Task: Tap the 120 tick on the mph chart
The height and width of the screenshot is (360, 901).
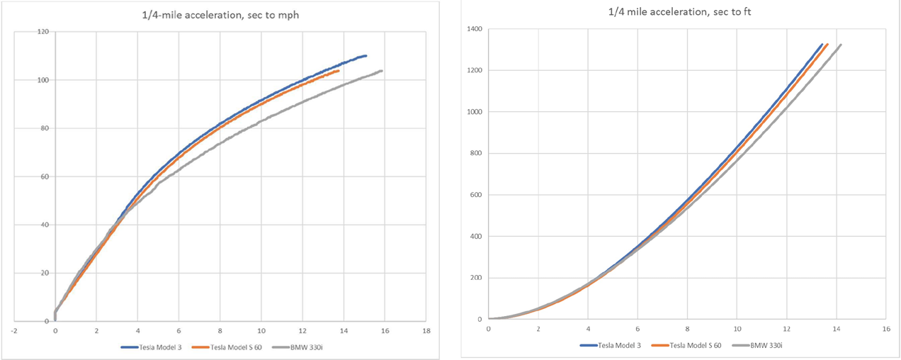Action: tap(43, 32)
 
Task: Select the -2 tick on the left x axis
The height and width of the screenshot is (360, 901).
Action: tap(13, 330)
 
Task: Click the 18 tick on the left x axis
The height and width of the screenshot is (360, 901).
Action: tap(426, 330)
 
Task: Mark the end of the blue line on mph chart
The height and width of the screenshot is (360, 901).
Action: tap(365, 55)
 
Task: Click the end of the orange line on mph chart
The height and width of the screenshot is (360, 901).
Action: tap(339, 71)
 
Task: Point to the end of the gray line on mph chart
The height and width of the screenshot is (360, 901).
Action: tap(382, 71)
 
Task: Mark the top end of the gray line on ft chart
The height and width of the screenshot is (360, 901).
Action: tap(840, 45)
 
